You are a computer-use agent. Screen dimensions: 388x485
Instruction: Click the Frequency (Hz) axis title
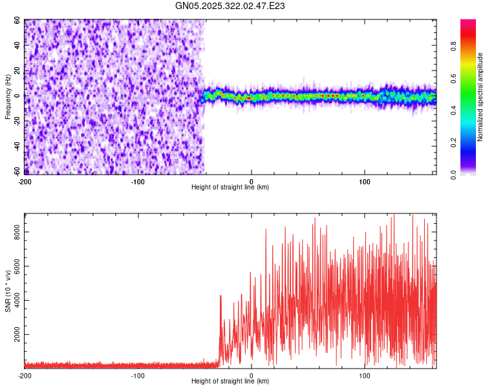click(x=8, y=98)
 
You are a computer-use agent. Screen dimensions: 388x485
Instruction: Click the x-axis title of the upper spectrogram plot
click(x=230, y=187)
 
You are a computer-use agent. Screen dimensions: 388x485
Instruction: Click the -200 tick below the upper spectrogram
click(x=25, y=181)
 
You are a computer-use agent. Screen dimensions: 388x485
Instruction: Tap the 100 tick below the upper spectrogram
click(x=365, y=181)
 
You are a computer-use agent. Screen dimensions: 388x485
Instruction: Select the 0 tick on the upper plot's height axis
click(x=252, y=181)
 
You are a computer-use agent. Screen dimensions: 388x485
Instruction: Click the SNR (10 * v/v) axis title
click(x=8, y=290)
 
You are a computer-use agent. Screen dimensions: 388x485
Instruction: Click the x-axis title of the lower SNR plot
click(x=230, y=382)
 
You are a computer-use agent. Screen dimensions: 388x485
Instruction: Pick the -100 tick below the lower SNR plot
click(x=138, y=376)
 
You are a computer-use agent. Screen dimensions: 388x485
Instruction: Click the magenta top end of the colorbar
click(x=468, y=22)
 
